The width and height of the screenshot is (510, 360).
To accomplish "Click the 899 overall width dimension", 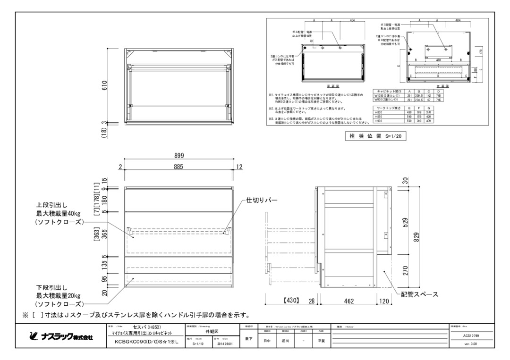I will click(178, 156).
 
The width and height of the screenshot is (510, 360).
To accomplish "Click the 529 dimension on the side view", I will click(405, 223).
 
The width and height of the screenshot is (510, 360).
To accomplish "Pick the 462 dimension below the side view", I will click(348, 301).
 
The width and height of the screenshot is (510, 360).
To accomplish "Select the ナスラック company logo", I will click(59, 337).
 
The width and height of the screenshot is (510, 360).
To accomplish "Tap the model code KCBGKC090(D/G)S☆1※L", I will click(143, 343).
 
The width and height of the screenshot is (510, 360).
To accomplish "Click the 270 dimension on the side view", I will click(405, 271).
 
